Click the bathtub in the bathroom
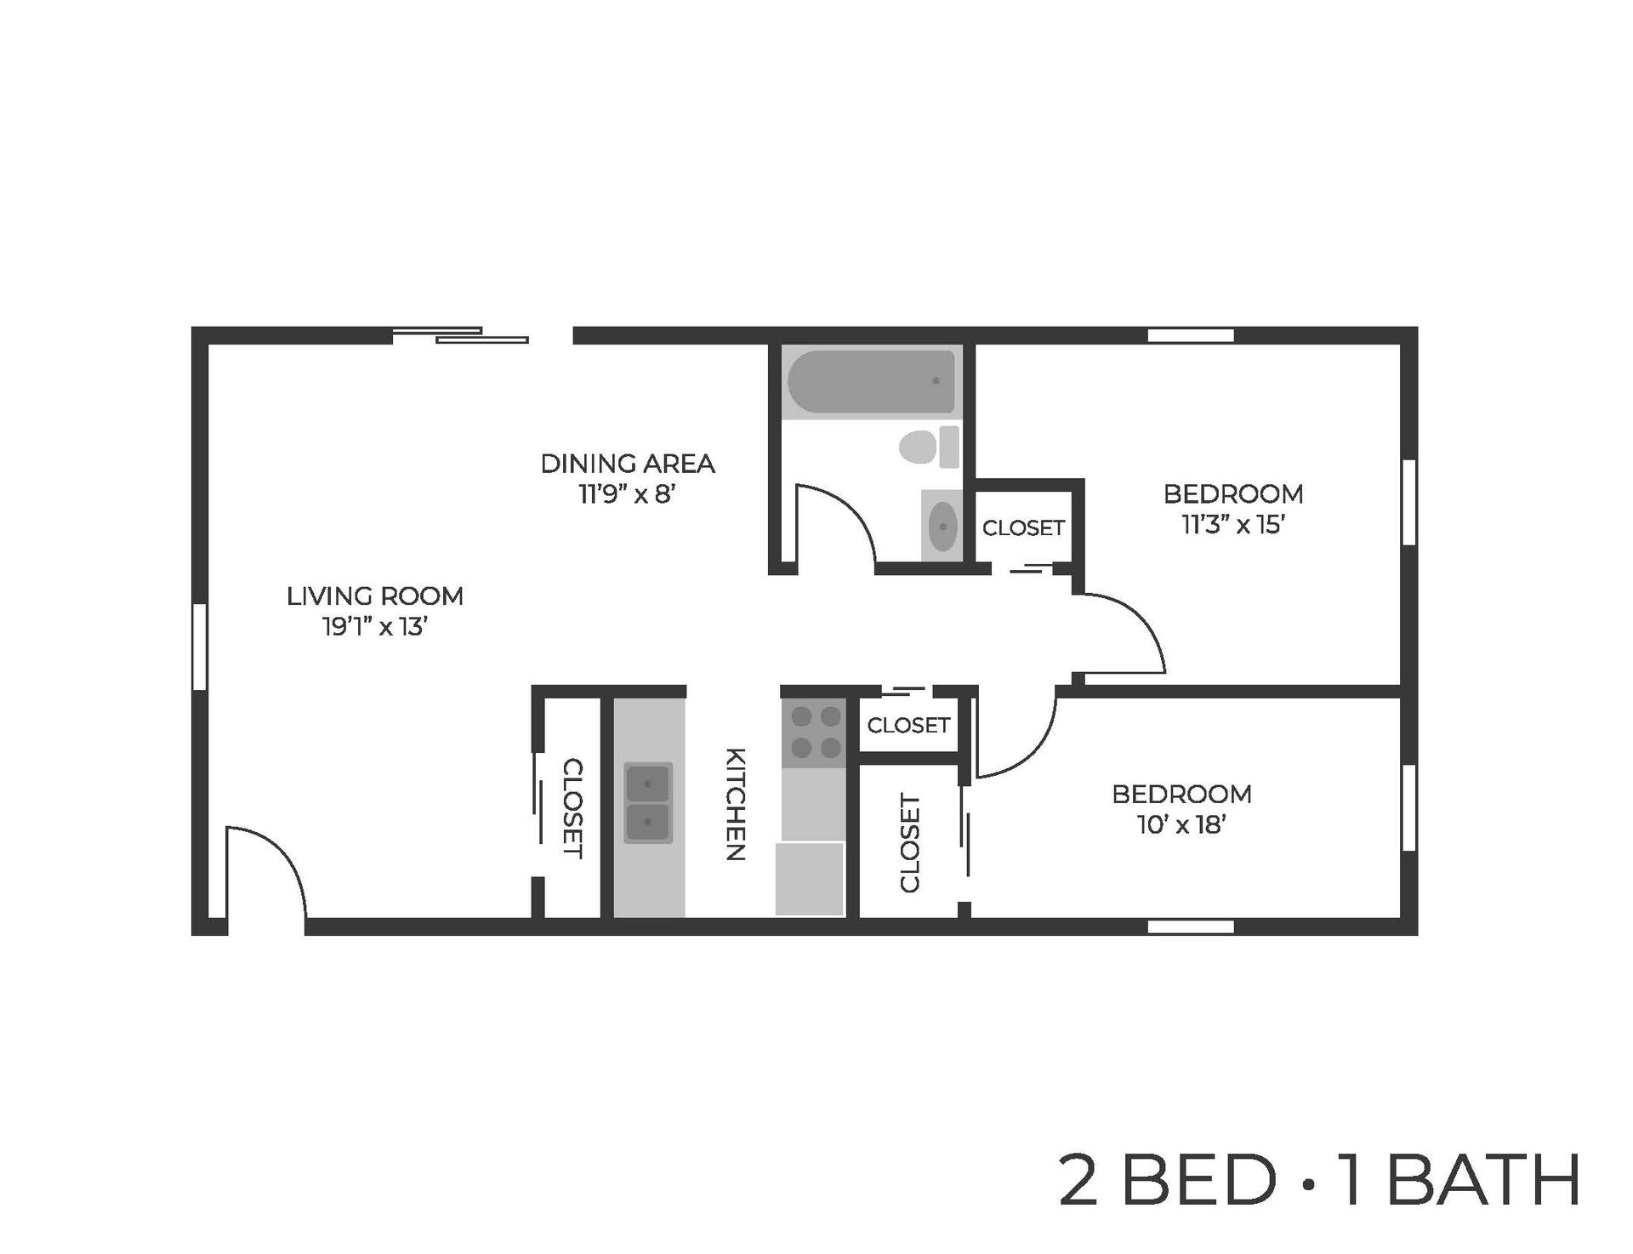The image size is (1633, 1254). click(871, 382)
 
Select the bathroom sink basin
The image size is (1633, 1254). click(942, 527)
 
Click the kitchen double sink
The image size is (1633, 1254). click(648, 802)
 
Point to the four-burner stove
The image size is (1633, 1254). click(815, 733)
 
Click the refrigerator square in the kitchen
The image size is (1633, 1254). click(809, 879)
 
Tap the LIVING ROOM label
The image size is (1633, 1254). click(374, 596)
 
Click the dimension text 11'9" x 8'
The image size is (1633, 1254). click(627, 494)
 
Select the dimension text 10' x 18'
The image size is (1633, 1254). click(1181, 824)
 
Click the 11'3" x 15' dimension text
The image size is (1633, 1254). click(1232, 525)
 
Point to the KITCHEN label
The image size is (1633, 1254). click(735, 804)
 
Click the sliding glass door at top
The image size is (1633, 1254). click(461, 335)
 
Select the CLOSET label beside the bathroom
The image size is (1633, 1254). click(1023, 528)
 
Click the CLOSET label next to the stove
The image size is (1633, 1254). click(908, 725)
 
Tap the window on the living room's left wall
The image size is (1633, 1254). click(199, 646)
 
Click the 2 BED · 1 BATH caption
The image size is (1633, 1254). click(1319, 1181)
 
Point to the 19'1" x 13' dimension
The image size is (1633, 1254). click(374, 627)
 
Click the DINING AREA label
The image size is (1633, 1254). click(627, 464)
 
